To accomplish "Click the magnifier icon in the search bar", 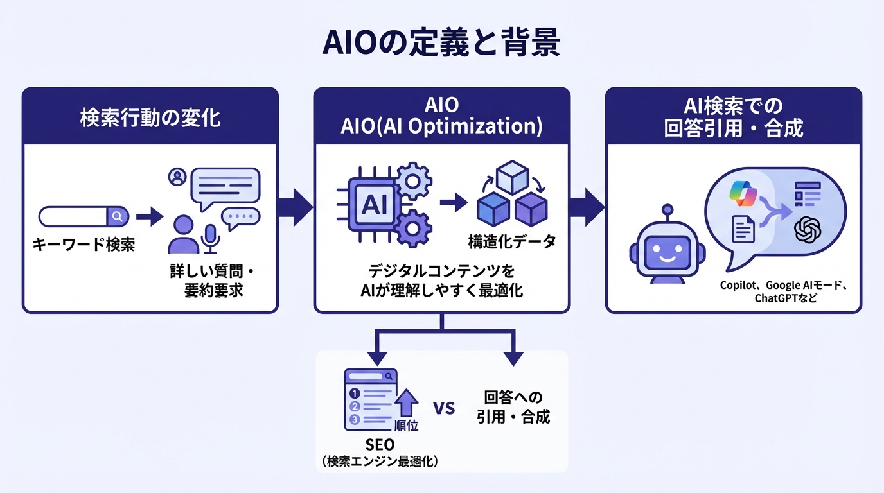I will click(x=117, y=217).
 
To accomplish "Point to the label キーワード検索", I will click(x=84, y=245).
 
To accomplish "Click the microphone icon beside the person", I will click(x=211, y=239).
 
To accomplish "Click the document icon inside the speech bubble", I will click(x=743, y=229).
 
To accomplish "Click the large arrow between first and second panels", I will click(x=296, y=207).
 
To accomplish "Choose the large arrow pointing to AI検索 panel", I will click(x=587, y=207).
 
